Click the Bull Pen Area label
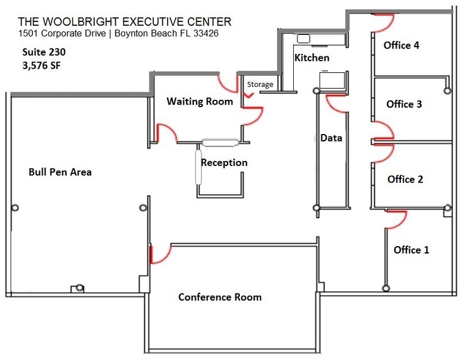pyautogui.click(x=60, y=172)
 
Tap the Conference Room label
pyautogui.click(x=220, y=298)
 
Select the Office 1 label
pyautogui.click(x=411, y=250)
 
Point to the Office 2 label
pyautogui.click(x=405, y=179)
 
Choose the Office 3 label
pyautogui.click(x=404, y=104)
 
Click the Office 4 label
pyautogui.click(x=402, y=45)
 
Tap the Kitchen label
pyautogui.click(x=312, y=58)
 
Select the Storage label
pyautogui.click(x=260, y=84)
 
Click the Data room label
pyautogui.click(x=331, y=138)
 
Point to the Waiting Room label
pyautogui.click(x=200, y=101)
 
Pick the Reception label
pyautogui.click(x=224, y=163)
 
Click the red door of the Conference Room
pyautogui.click(x=159, y=254)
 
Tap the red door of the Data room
pyautogui.click(x=337, y=105)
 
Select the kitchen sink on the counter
pyautogui.click(x=304, y=39)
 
